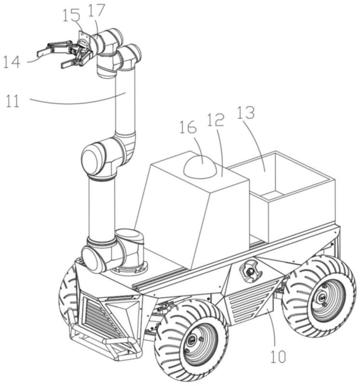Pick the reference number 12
(216, 121)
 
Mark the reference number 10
(279, 357)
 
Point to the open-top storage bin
(289, 198)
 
